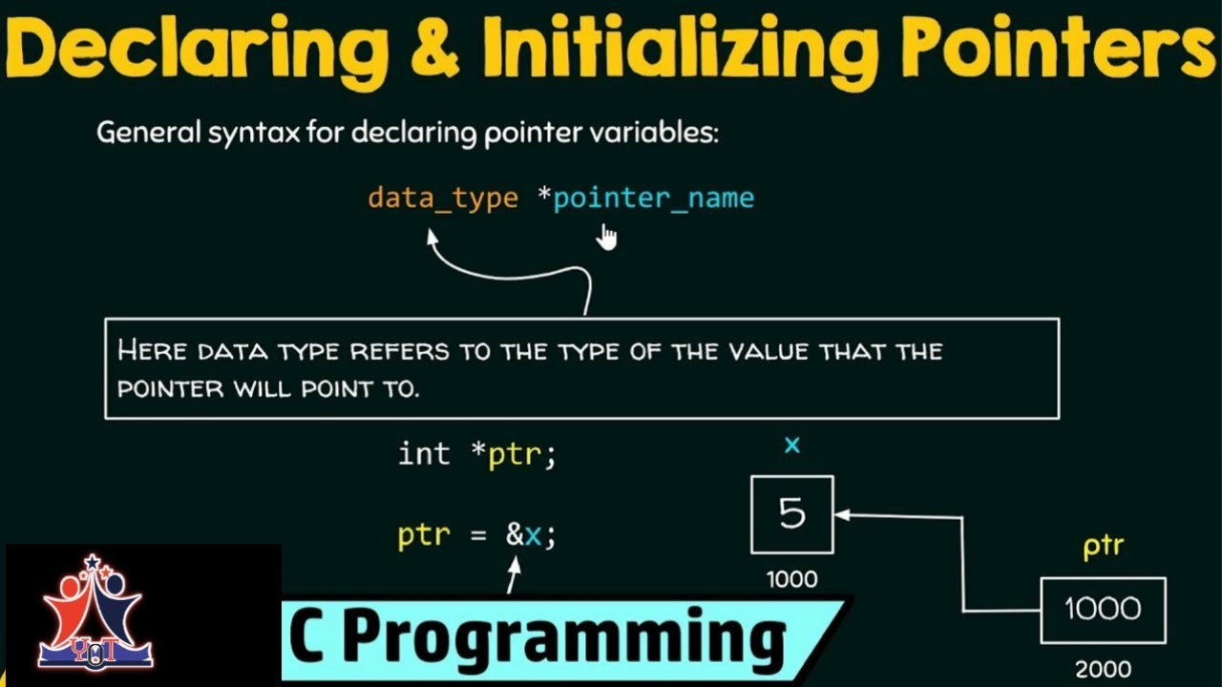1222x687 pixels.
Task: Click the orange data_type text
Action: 443,198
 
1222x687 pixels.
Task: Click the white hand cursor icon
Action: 606,236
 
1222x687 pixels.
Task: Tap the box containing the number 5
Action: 791,514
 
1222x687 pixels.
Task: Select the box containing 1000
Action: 1103,610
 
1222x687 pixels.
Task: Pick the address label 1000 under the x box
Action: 791,579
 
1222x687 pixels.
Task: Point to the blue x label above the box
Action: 791,446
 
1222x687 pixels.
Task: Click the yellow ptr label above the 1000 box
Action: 1103,548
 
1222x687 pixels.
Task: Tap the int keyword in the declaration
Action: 423,454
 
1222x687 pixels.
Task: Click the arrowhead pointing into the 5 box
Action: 840,515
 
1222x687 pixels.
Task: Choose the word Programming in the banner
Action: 563,638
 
